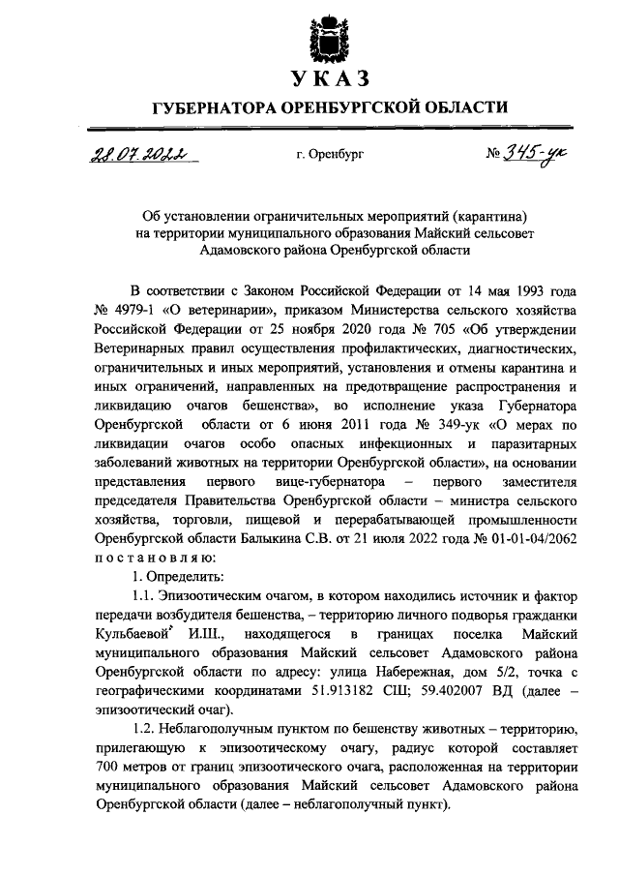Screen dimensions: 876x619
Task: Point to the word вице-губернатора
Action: [x=329, y=480]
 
